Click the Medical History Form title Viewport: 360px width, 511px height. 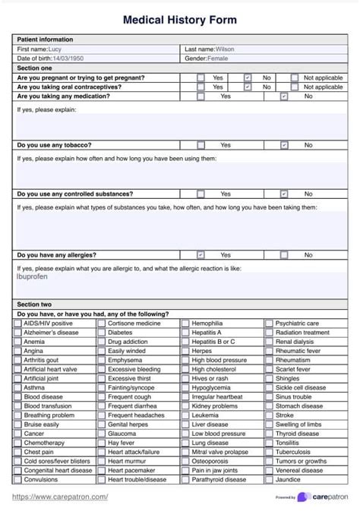tap(180, 21)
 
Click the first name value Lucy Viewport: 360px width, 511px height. tap(56, 49)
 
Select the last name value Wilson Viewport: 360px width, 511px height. tap(225, 49)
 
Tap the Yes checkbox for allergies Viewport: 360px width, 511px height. tap(201, 255)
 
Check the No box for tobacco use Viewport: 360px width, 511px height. tap(284, 145)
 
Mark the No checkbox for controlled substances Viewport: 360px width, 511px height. tap(284, 194)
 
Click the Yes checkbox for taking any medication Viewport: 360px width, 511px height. tap(201, 96)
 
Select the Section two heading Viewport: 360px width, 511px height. tap(34, 304)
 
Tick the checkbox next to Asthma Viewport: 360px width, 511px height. tap(17, 387)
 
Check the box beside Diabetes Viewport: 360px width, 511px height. tap(101, 333)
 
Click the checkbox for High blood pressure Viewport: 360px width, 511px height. tap(185, 360)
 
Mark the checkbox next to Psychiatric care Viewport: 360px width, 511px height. tap(269, 323)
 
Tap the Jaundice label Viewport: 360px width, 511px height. tap(288, 480)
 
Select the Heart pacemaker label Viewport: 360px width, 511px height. tap(132, 471)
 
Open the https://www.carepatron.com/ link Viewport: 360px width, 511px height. tap(61, 497)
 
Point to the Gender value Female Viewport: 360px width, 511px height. tap(217, 58)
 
